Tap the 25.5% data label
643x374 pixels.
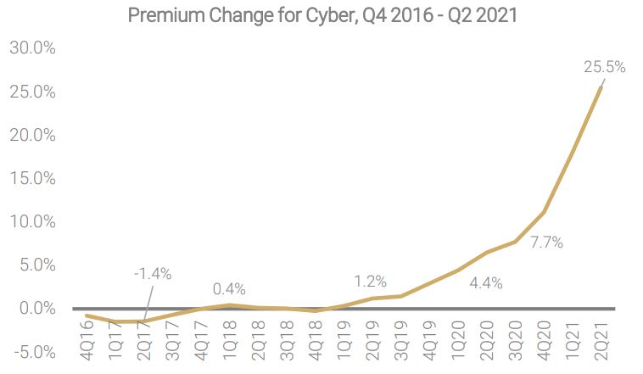click(x=604, y=67)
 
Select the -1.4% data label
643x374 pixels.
click(x=153, y=274)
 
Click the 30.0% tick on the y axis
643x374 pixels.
click(x=32, y=48)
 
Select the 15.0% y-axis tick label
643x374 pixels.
click(x=32, y=179)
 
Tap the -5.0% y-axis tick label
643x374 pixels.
click(x=32, y=352)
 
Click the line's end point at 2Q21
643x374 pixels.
click(x=602, y=87)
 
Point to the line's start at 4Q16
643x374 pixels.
click(x=87, y=315)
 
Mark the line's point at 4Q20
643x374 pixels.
click(x=544, y=212)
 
